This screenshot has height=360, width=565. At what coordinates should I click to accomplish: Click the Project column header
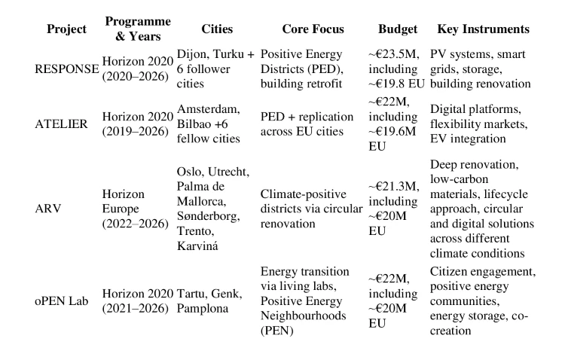67,29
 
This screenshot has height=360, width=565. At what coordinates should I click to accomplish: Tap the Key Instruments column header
483,29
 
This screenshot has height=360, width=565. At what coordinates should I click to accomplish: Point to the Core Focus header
313,29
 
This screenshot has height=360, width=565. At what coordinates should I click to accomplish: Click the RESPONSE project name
67,69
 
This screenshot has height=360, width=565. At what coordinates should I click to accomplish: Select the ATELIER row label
63,123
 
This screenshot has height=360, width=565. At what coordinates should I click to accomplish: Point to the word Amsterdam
208,109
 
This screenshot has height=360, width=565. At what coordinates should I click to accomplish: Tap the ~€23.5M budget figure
393,55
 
